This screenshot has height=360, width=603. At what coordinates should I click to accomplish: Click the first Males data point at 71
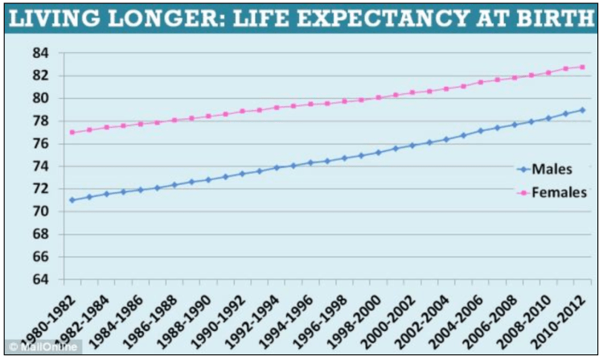tap(72, 200)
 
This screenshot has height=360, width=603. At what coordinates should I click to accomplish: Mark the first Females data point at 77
tap(72, 132)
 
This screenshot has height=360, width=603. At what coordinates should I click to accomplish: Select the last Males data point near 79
tap(582, 110)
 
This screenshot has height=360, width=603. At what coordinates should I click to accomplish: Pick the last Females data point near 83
tap(582, 67)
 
